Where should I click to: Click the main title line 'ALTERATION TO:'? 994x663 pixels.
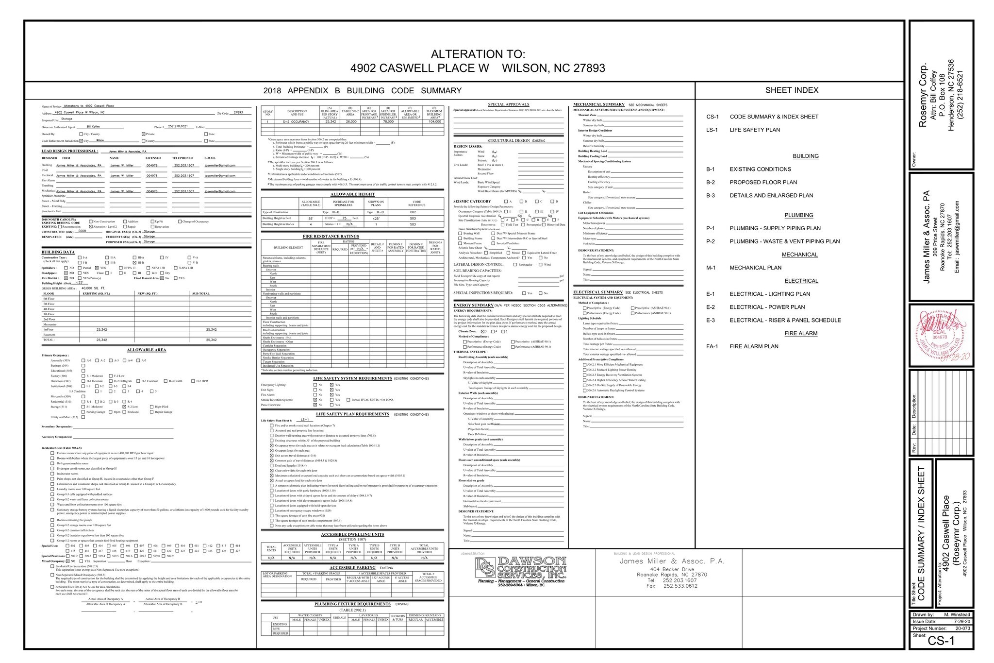(x=478, y=54)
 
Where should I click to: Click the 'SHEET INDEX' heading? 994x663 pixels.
(x=792, y=90)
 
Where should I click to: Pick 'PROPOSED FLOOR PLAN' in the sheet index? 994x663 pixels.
(x=763, y=183)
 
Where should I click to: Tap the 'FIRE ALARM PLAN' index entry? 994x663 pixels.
(x=754, y=347)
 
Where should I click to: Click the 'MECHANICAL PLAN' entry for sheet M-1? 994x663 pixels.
(x=755, y=268)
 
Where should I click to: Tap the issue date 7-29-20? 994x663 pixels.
(x=961, y=622)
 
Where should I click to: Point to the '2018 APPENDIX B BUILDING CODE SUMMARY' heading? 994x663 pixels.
(x=362, y=91)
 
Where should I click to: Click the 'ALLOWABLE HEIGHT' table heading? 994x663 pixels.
(x=352, y=194)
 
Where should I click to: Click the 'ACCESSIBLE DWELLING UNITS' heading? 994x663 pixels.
(x=352, y=535)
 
